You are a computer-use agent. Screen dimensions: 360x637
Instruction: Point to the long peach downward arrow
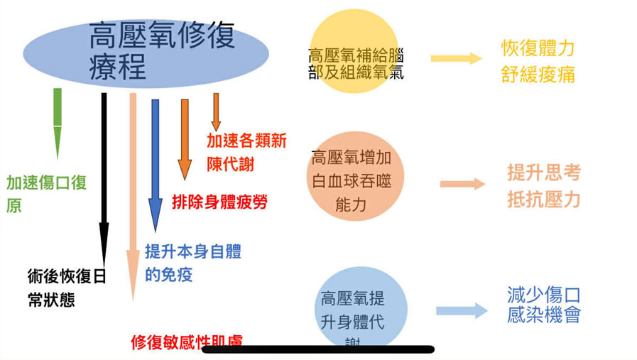pyautogui.click(x=132, y=192)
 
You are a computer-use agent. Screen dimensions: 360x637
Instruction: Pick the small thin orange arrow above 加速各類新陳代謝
pyautogui.click(x=216, y=112)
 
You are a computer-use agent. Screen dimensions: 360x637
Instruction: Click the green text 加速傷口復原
pyautogui.click(x=46, y=193)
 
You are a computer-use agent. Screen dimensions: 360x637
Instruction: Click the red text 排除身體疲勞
pyautogui.click(x=219, y=202)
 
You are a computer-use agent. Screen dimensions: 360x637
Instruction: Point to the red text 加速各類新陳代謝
pyautogui.click(x=246, y=152)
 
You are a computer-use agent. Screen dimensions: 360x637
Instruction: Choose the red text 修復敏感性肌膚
pyautogui.click(x=187, y=342)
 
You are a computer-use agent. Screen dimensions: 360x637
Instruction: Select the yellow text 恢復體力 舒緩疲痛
pyautogui.click(x=538, y=61)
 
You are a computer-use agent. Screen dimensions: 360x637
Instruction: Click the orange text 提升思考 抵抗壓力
pyautogui.click(x=543, y=185)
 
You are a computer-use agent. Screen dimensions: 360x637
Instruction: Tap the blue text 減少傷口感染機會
pyautogui.click(x=544, y=305)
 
